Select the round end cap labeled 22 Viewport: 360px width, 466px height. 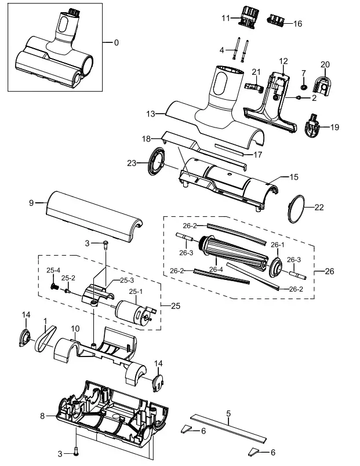click(298, 208)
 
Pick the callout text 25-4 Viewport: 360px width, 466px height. click(53, 271)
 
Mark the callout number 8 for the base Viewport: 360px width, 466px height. click(42, 416)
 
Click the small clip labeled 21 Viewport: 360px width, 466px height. click(253, 87)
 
